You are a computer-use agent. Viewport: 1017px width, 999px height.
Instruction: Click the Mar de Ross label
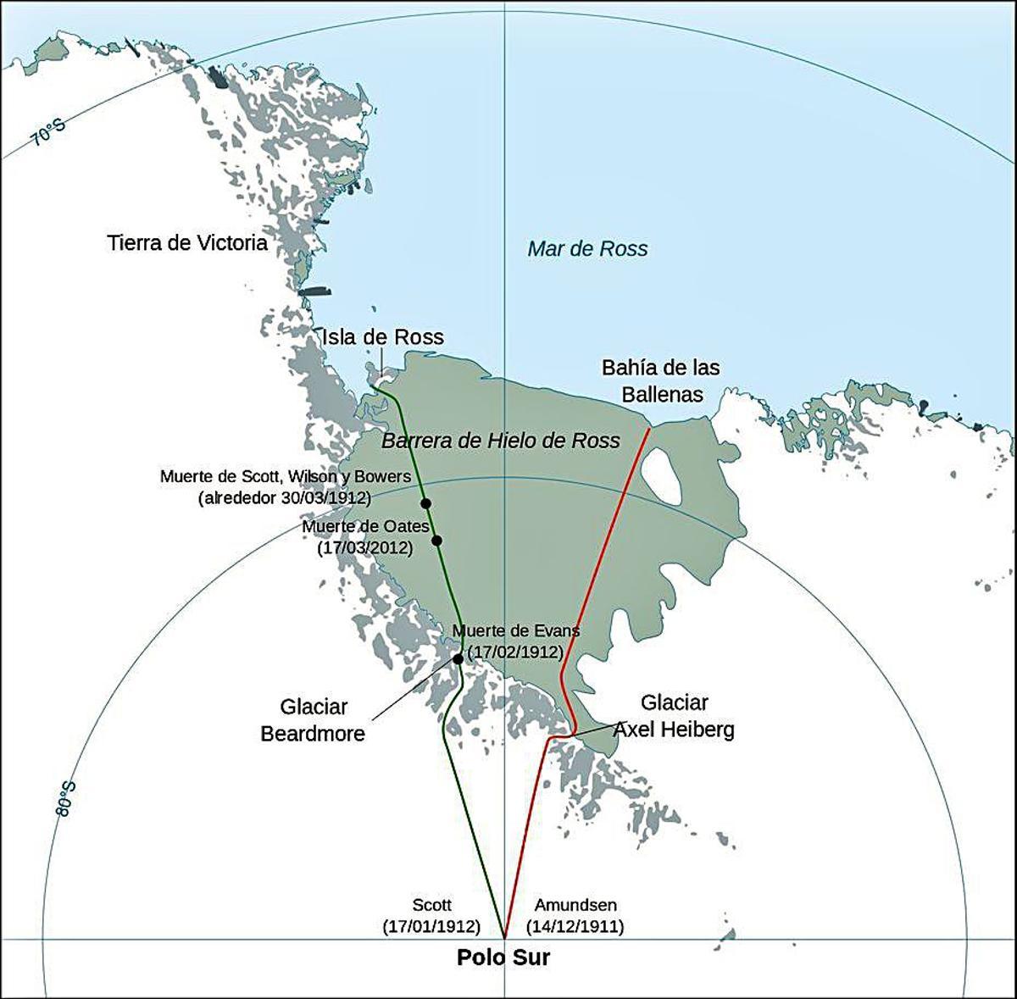[587, 248]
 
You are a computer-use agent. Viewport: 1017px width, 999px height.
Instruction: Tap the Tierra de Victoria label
[187, 243]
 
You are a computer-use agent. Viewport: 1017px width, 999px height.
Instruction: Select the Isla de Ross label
[382, 337]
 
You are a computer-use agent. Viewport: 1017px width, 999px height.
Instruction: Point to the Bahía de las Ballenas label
[661, 380]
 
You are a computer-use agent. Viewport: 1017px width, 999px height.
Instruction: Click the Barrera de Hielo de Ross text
[501, 441]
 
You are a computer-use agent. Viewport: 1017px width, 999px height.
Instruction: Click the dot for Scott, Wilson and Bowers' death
[425, 503]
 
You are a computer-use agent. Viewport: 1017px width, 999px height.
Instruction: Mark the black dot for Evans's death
[458, 658]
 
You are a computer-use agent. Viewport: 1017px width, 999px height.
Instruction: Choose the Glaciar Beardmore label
[313, 720]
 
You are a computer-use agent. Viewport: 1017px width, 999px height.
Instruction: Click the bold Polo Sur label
[503, 958]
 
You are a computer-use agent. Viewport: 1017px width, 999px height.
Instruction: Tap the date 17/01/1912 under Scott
[431, 926]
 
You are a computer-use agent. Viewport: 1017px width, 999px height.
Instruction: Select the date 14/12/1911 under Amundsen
[575, 926]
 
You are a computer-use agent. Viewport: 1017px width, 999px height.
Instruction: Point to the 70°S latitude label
[49, 133]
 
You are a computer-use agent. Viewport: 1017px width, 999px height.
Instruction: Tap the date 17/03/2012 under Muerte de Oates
[365, 548]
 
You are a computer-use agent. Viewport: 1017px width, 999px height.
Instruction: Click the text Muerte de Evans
[516, 631]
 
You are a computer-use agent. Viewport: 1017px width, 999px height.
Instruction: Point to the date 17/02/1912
[515, 652]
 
